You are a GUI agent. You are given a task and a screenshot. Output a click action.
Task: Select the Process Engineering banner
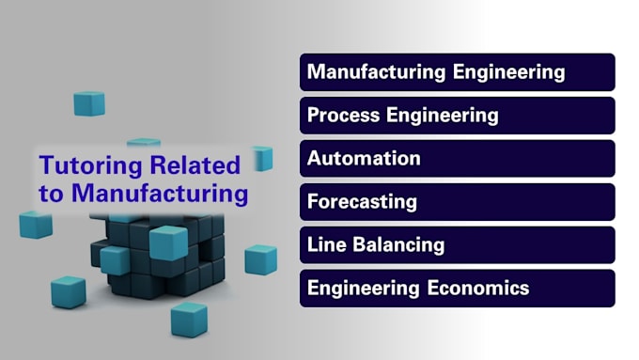coord(457,116)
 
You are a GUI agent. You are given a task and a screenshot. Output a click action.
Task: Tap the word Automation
coord(364,159)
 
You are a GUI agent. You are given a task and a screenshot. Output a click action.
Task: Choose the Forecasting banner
coord(457,202)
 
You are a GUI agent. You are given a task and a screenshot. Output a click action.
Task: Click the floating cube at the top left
coord(89,103)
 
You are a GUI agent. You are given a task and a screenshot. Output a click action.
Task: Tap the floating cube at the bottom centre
coord(188,320)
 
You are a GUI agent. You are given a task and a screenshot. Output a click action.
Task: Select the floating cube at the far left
coord(36,225)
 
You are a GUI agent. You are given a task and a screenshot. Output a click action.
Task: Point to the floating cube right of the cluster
coord(260,259)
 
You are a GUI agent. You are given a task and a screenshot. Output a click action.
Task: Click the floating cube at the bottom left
coord(68,292)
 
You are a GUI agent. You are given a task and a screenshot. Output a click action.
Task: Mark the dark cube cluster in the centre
coord(155,254)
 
